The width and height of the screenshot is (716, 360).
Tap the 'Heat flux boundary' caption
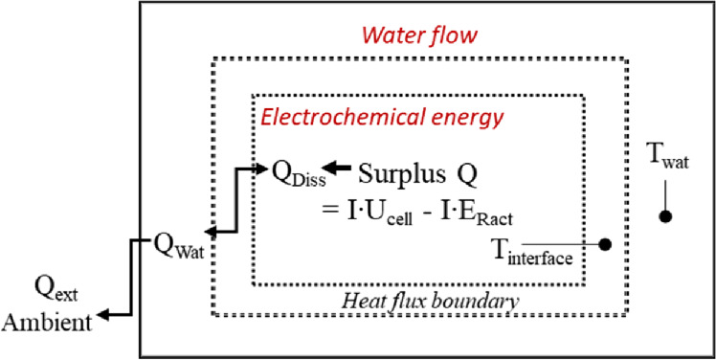point(431,302)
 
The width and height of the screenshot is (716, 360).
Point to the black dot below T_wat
point(664,216)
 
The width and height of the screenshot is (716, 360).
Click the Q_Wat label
point(181,240)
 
